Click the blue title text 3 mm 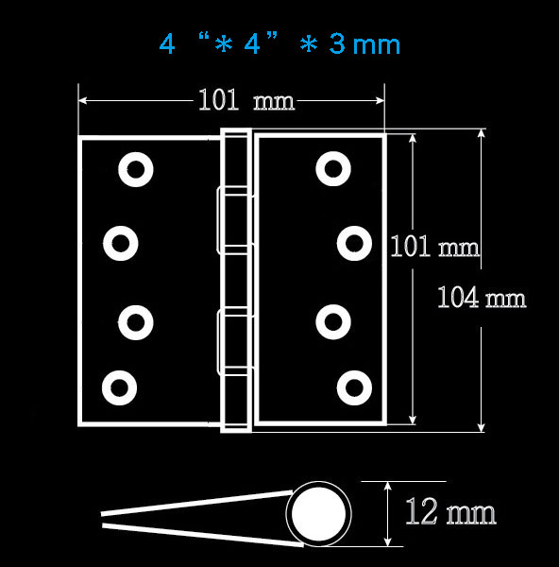point(364,44)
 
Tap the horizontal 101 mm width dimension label point(246,100)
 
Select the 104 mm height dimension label point(482,298)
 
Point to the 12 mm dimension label point(450,511)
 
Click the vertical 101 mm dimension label point(434,247)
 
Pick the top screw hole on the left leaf point(136,169)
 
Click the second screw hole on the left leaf point(120,244)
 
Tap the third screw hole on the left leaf point(136,322)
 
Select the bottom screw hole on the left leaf point(120,387)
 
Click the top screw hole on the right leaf point(333,169)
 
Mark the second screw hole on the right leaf point(354,244)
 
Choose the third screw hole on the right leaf point(333,322)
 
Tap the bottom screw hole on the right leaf point(354,387)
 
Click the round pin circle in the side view point(318,514)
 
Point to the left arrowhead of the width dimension point(82,100)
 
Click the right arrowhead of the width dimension point(381,100)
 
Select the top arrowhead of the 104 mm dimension point(481,133)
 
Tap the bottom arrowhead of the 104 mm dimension point(481,427)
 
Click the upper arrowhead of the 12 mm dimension point(388,486)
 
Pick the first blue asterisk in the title point(224,44)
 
